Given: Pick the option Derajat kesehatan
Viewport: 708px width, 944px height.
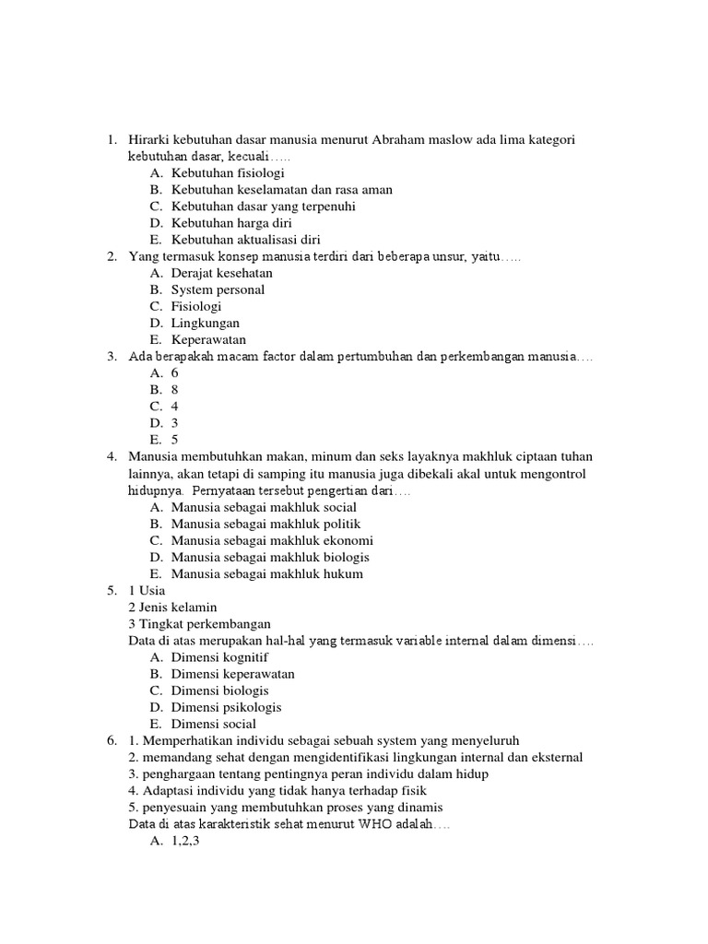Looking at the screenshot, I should tap(222, 273).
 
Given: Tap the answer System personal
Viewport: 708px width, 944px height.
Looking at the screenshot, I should tap(218, 289).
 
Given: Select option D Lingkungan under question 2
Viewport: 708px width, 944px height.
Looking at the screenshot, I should tap(206, 323).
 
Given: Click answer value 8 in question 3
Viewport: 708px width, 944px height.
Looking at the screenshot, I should tap(175, 390).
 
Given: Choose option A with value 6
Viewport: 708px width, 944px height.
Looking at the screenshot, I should tap(175, 373).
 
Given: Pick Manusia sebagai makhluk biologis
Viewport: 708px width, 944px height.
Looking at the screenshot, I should tap(270, 557).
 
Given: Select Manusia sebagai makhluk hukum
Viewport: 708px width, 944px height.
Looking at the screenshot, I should tap(266, 573).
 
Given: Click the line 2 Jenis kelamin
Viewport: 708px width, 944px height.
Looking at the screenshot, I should tap(173, 607).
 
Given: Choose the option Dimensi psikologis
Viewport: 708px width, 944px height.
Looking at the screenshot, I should tap(226, 707).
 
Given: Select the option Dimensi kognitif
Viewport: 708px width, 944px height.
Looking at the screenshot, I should tap(219, 657).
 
